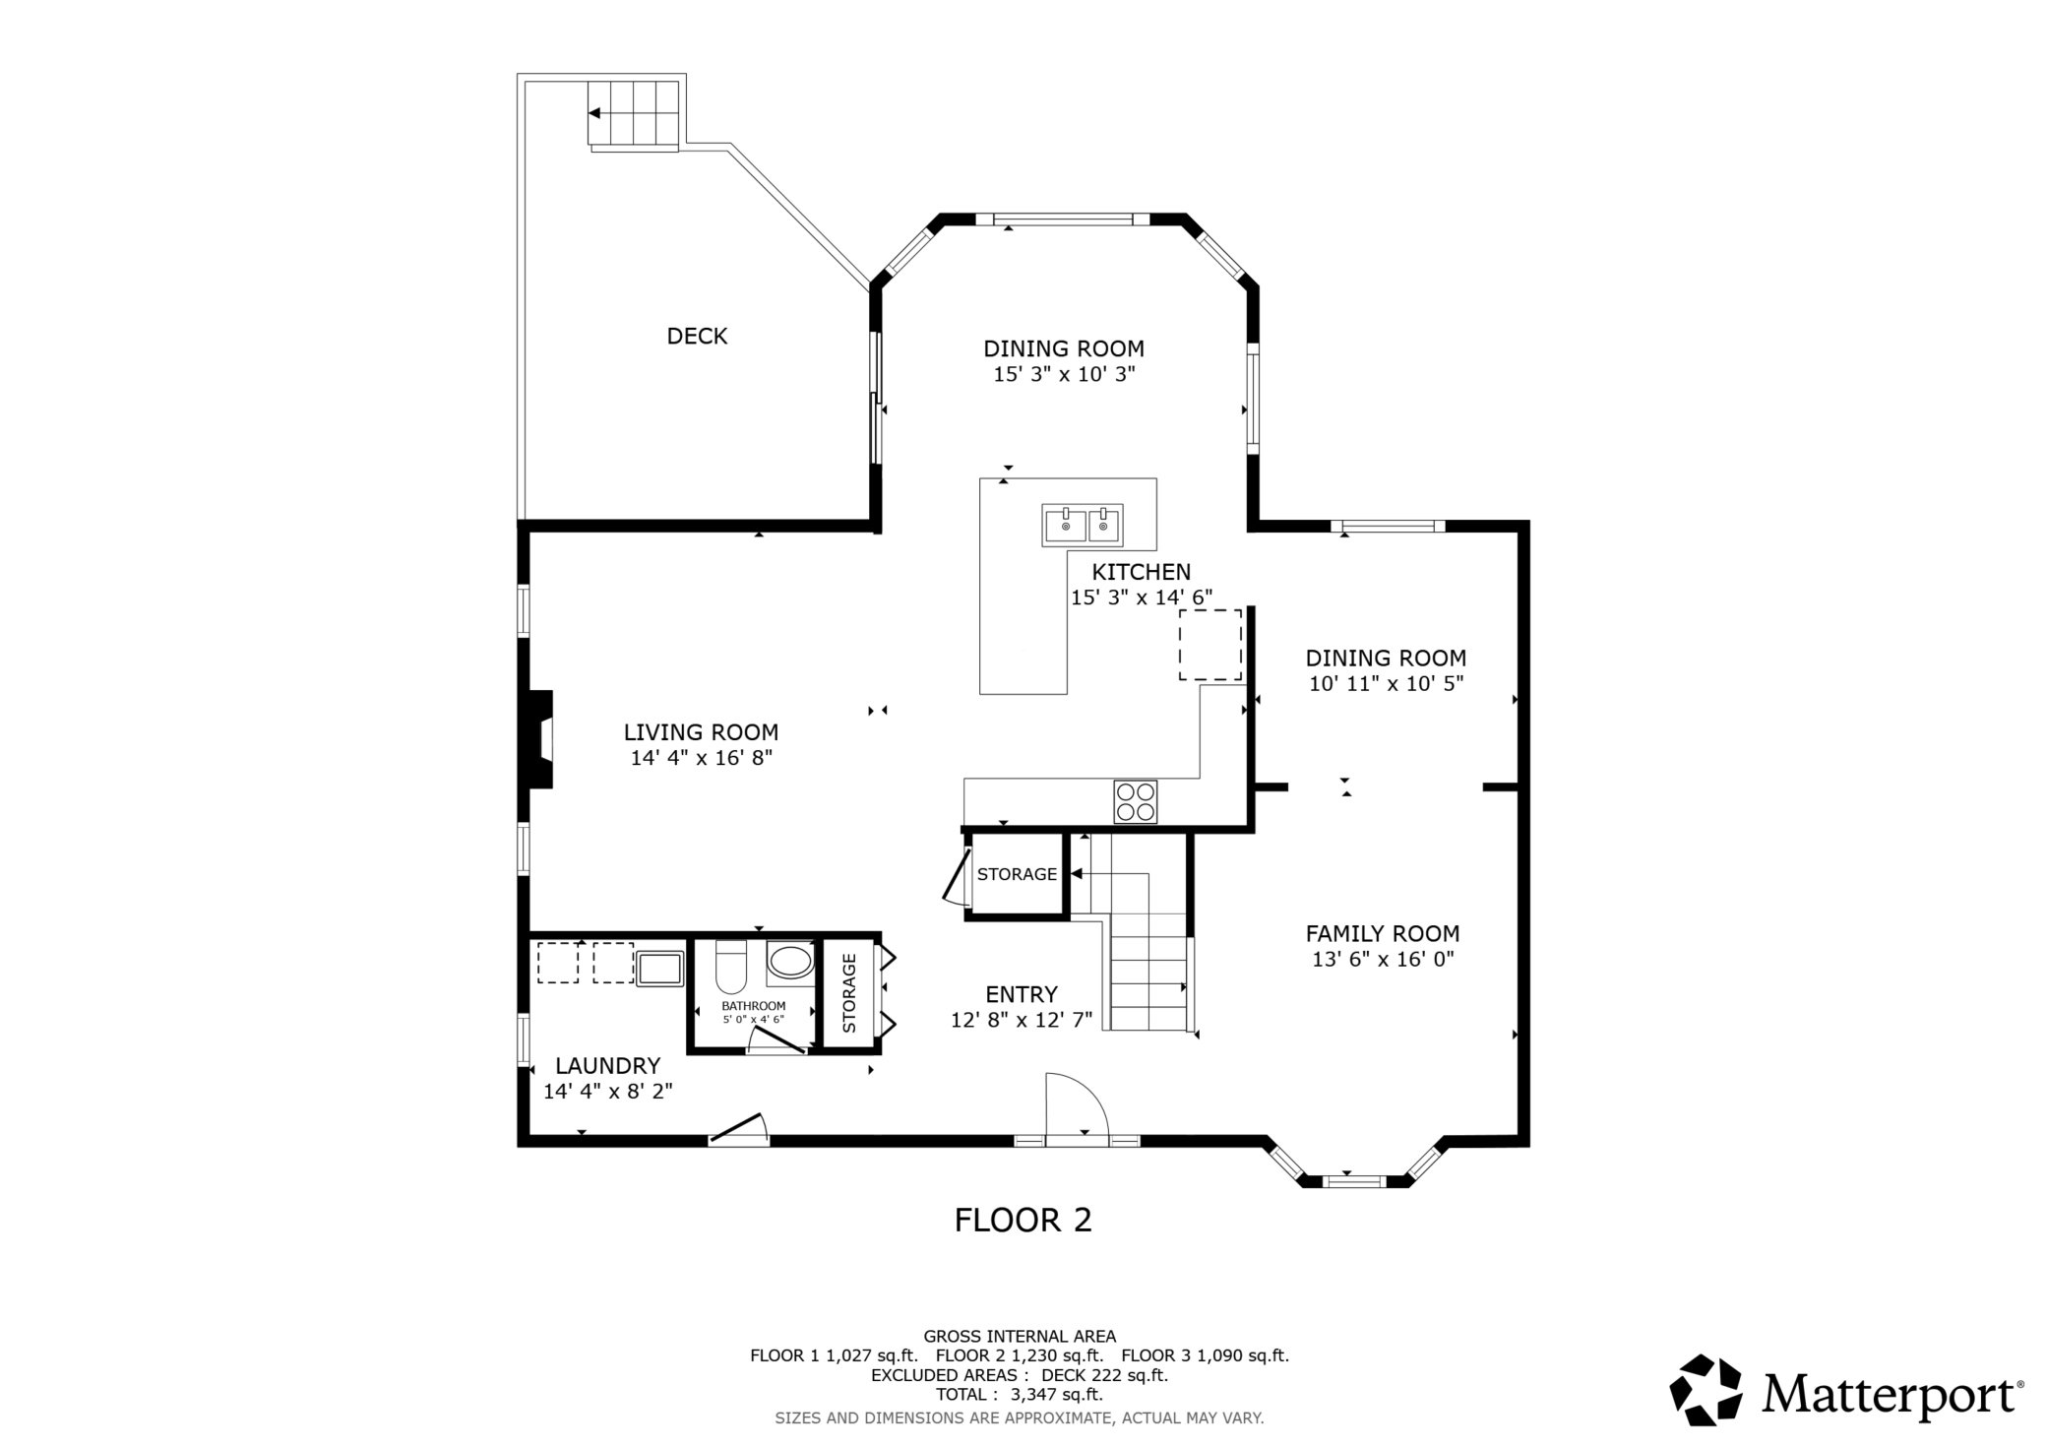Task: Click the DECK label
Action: [x=697, y=337]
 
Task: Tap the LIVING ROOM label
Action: [x=701, y=732]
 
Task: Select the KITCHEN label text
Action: [x=1142, y=572]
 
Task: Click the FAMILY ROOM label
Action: [x=1383, y=933]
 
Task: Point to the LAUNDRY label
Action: [x=607, y=1065]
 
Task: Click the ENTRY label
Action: [x=1022, y=994]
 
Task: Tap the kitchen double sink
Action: [x=1083, y=526]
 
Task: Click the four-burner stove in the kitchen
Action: [x=1136, y=801]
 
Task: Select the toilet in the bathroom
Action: [x=731, y=967]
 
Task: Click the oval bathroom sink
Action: [x=790, y=962]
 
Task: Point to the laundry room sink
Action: [x=659, y=968]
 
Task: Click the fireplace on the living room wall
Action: [x=540, y=739]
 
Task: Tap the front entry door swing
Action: [x=1078, y=1105]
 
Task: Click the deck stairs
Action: [x=634, y=115]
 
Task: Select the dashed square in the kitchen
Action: [x=1210, y=645]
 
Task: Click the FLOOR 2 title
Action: [x=1023, y=1221]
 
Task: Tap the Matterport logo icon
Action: [x=1706, y=1390]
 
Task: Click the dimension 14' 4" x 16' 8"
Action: [x=702, y=758]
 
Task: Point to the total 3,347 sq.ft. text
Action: [x=1020, y=1394]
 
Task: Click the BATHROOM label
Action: [x=754, y=1006]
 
